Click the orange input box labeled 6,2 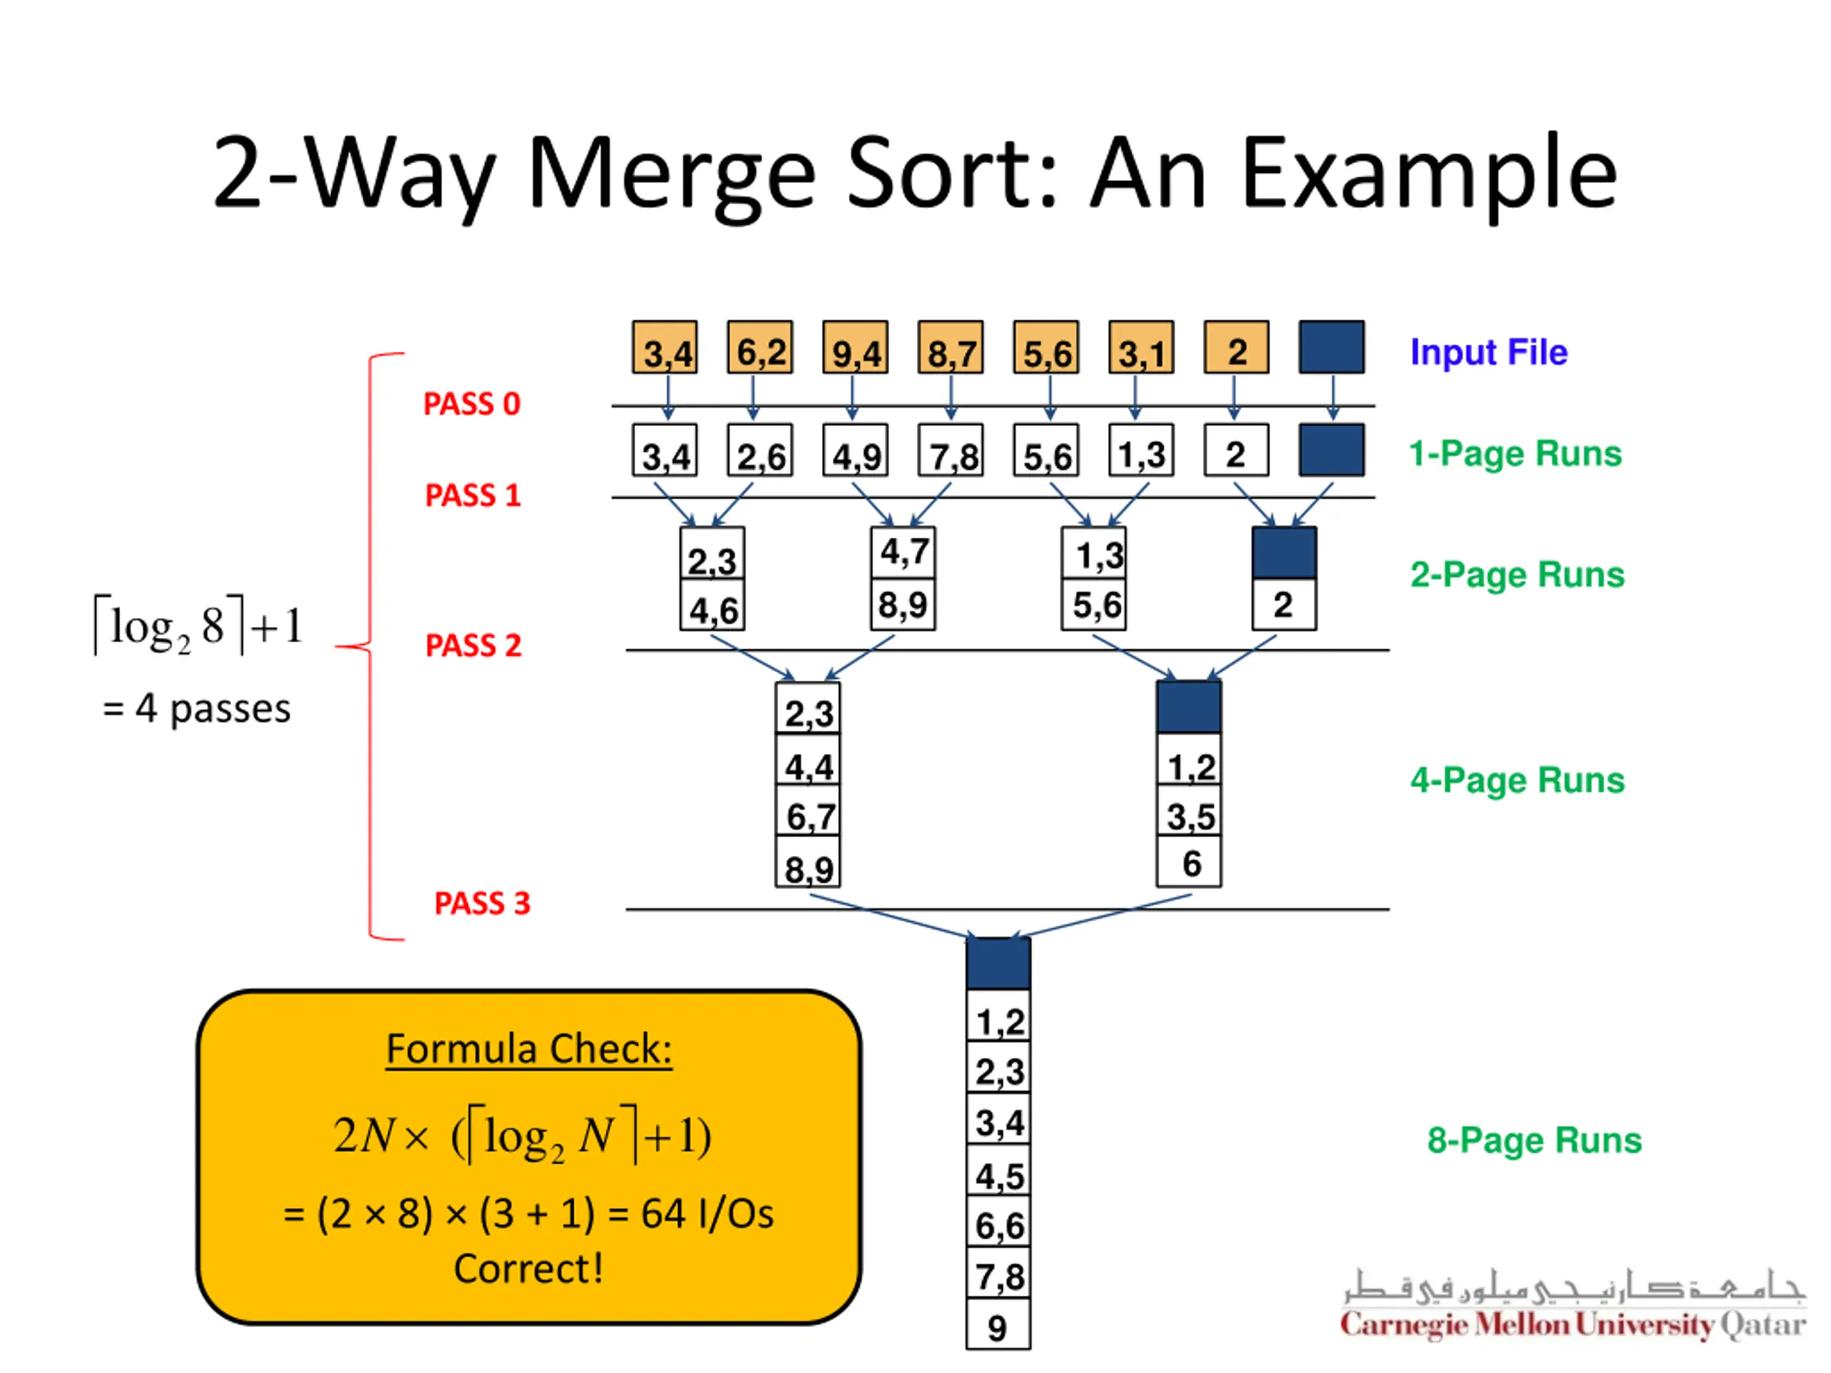(760, 348)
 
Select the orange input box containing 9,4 (855, 348)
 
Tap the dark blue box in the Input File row (1332, 348)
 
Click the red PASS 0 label (472, 404)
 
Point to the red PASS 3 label (482, 903)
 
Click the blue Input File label (1488, 353)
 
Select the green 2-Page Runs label (1517, 574)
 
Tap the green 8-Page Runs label (1534, 1140)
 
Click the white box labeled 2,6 (760, 451)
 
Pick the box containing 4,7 (903, 552)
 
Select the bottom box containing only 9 (998, 1325)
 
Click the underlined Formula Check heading (529, 1049)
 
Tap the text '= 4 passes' (197, 709)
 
